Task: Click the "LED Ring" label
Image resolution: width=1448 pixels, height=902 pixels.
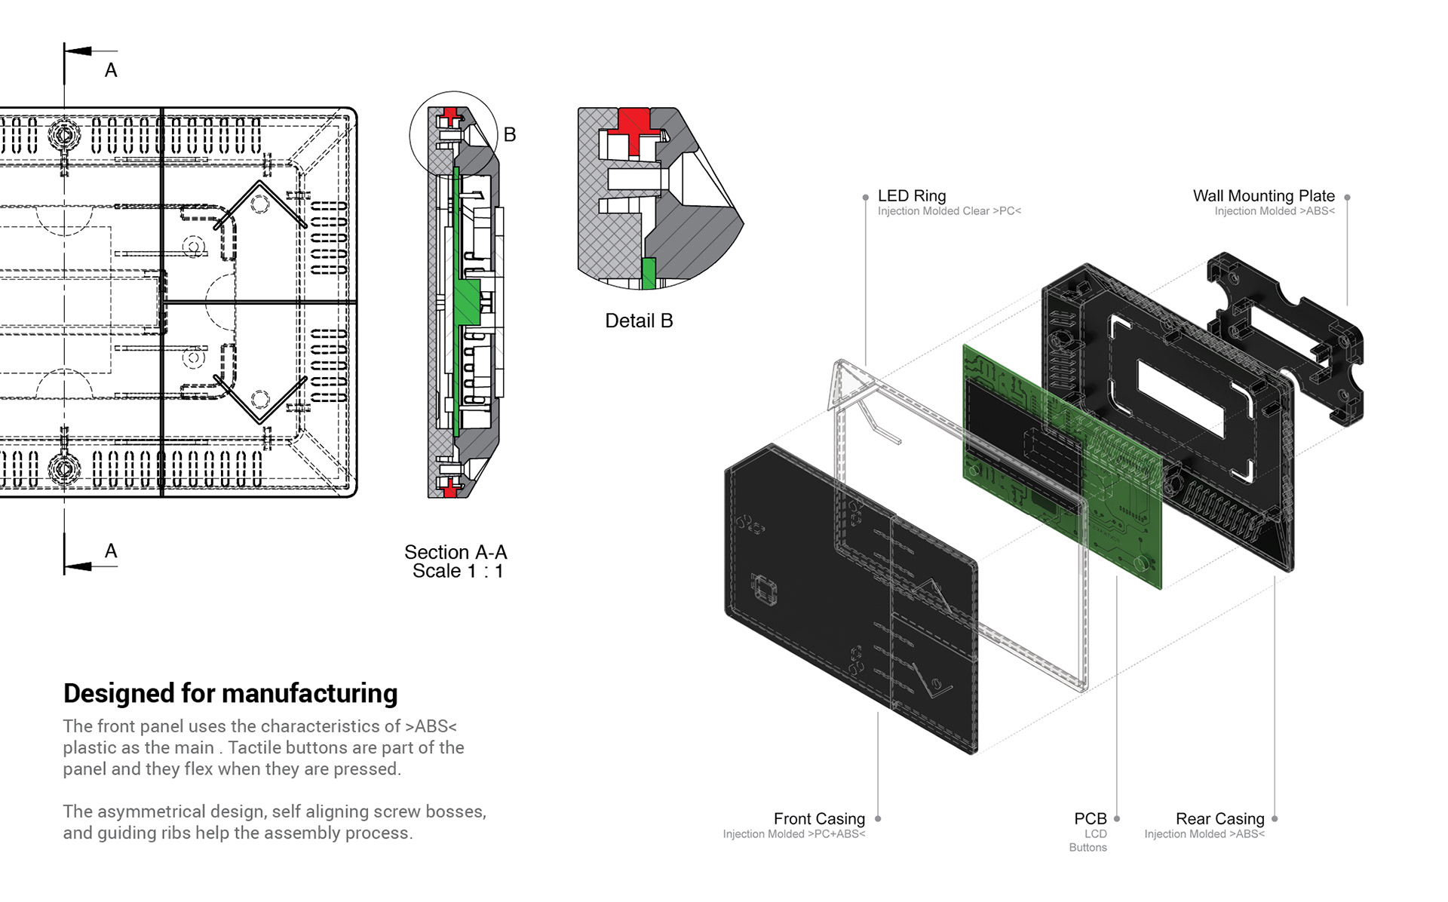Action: click(x=911, y=196)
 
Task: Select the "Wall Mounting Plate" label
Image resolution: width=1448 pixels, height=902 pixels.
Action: click(x=1263, y=196)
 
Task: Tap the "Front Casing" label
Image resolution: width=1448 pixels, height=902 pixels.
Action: click(x=819, y=819)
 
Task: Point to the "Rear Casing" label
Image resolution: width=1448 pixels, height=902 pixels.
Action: click(x=1219, y=819)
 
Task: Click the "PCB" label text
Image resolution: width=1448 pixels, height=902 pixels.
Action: click(x=1090, y=819)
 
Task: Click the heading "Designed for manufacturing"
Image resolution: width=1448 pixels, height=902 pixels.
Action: click(x=230, y=693)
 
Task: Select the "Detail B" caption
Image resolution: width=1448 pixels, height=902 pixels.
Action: click(x=639, y=321)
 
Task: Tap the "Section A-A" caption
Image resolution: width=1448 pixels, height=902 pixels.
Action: click(x=456, y=552)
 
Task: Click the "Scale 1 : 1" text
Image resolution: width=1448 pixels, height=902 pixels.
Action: click(x=458, y=571)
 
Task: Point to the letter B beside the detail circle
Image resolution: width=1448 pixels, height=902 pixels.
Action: click(x=510, y=135)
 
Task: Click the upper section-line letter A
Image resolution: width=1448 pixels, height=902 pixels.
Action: click(x=111, y=71)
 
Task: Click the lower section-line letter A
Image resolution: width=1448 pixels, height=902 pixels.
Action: click(x=111, y=551)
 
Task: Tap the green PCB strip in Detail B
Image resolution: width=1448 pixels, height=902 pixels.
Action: click(x=649, y=273)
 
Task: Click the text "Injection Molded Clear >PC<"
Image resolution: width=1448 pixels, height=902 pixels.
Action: click(x=949, y=211)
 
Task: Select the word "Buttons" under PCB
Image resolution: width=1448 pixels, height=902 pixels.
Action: click(x=1088, y=848)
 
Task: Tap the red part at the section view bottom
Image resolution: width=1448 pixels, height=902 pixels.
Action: click(x=450, y=489)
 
